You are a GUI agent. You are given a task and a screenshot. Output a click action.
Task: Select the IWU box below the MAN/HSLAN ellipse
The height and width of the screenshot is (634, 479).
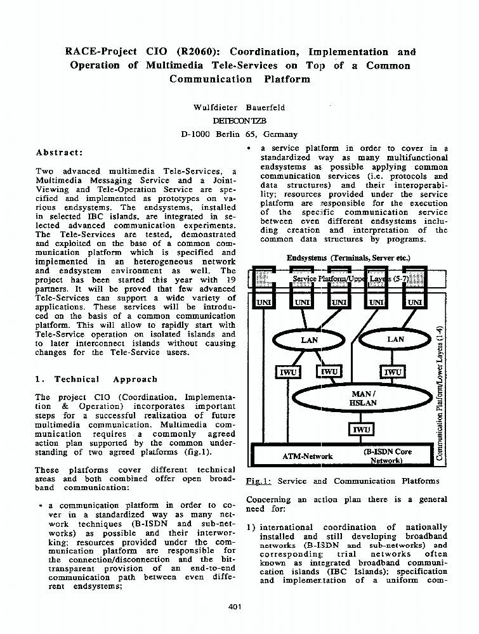point(362,430)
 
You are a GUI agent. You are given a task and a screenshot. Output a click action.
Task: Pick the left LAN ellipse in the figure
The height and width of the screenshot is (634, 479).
point(310,340)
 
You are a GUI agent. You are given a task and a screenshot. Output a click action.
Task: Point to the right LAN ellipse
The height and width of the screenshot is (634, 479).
point(395,340)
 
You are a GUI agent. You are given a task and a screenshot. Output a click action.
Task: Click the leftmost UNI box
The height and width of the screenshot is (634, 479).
point(263,302)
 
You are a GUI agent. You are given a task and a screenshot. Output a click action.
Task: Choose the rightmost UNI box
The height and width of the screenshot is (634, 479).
point(414,302)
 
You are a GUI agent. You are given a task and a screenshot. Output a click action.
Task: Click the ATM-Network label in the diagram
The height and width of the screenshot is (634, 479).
point(307,456)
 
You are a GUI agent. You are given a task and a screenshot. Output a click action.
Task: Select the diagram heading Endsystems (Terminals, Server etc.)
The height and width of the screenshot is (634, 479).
point(348,258)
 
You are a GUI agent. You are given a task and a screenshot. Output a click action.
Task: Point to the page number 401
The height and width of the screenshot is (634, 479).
point(235,607)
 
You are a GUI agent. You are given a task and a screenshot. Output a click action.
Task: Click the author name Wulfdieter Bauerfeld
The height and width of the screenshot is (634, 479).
point(239,107)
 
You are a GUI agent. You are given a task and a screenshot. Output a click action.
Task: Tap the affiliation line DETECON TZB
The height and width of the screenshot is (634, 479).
point(239,120)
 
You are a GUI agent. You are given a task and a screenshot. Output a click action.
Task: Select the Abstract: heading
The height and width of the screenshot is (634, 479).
point(59,153)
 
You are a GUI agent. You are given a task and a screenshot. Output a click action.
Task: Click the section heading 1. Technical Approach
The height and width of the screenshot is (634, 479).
point(96,379)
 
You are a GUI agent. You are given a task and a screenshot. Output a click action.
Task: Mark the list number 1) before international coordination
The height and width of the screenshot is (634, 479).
point(251,527)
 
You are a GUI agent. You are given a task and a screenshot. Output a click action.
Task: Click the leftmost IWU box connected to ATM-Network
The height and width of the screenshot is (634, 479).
point(288,372)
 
